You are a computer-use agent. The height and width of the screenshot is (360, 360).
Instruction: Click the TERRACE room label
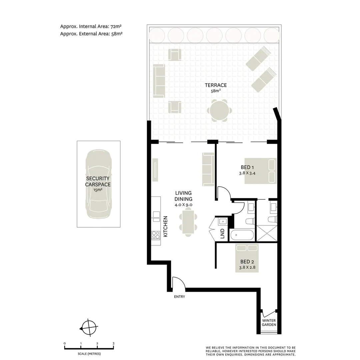pos(216,85)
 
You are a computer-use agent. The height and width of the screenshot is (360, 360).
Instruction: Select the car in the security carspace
pos(99,184)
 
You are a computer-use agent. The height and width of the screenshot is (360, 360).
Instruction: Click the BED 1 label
pos(247,167)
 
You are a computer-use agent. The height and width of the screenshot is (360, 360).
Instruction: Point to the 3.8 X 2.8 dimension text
pos(247,267)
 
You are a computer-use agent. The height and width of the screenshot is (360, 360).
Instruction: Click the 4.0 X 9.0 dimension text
pos(184,205)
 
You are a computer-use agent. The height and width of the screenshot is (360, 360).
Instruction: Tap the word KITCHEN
pos(165,227)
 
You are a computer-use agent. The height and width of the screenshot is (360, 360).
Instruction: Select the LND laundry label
pos(222,233)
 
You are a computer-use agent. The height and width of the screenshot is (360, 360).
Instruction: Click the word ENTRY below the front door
pos(179,297)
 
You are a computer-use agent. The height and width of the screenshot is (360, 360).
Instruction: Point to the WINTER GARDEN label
pos(269,322)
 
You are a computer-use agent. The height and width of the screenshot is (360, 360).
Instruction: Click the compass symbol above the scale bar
pos(89,328)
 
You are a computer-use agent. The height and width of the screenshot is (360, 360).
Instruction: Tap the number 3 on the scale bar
pos(113,343)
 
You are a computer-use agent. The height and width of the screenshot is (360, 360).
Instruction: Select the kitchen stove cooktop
pos(156,235)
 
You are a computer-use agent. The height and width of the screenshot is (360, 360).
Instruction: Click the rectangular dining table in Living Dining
pos(188,222)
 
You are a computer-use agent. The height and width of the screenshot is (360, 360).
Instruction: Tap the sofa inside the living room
pos(208,169)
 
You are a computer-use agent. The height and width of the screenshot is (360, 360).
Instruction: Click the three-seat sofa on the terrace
pos(159,80)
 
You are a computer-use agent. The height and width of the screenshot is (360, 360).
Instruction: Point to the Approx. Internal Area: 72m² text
pos(91,26)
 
